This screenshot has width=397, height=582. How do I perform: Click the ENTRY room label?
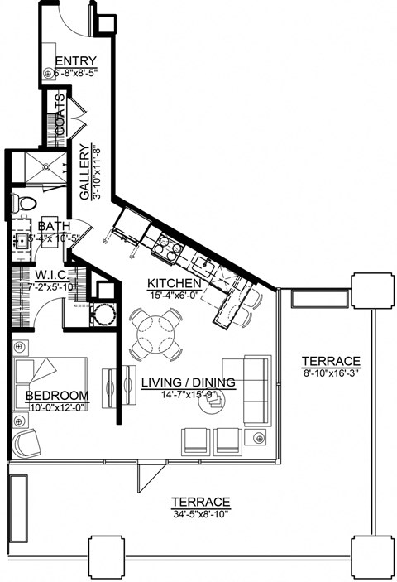tap(76, 62)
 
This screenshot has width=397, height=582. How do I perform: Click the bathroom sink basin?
tap(21, 241)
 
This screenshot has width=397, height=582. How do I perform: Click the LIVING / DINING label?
tap(188, 382)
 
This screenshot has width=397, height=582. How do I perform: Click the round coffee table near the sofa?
tap(218, 402)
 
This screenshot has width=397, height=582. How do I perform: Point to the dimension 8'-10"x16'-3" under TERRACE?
tap(330, 373)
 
